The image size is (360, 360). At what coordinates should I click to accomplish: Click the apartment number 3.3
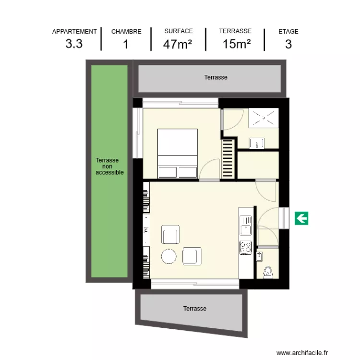point(74,44)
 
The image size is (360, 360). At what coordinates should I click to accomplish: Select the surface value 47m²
point(178,44)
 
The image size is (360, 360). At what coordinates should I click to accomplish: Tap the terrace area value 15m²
point(237,44)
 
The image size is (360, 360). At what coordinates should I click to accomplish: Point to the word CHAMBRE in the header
point(126,32)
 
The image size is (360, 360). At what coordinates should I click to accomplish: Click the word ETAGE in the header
point(288,32)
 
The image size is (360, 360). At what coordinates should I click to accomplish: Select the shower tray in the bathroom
point(263,119)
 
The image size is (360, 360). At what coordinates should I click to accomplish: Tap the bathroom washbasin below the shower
point(257,143)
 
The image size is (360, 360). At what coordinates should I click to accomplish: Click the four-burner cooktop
point(245,247)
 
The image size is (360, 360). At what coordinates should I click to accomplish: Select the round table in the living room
point(169,256)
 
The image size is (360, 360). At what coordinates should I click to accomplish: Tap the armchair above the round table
point(171,235)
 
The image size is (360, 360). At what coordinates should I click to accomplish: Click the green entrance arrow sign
point(301,219)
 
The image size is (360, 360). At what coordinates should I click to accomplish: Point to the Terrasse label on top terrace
point(216,77)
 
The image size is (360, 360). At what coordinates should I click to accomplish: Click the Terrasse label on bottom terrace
point(194,309)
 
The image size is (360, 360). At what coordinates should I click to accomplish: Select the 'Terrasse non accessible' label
point(109,166)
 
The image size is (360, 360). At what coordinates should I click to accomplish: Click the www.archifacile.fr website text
point(302,352)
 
